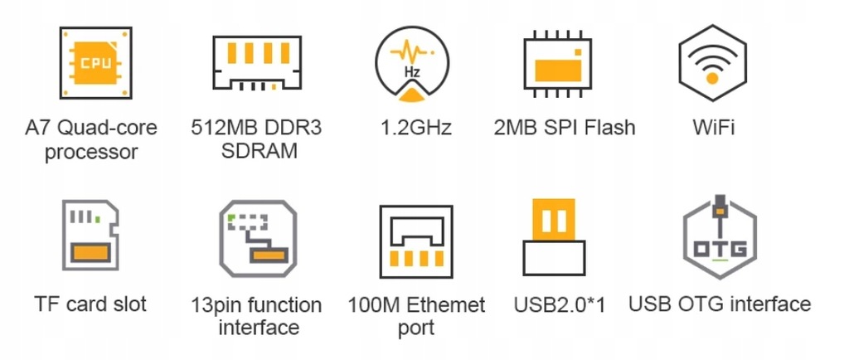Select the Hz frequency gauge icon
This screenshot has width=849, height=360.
point(412,63)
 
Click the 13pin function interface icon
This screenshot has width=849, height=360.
point(255,241)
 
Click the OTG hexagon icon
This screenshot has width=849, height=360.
point(719,239)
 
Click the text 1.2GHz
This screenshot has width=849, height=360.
point(415,129)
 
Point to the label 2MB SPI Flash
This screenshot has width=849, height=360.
point(564,128)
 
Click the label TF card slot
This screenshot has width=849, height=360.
point(91,304)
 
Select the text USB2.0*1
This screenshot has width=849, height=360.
point(560,304)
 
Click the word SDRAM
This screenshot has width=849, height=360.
point(258,152)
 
